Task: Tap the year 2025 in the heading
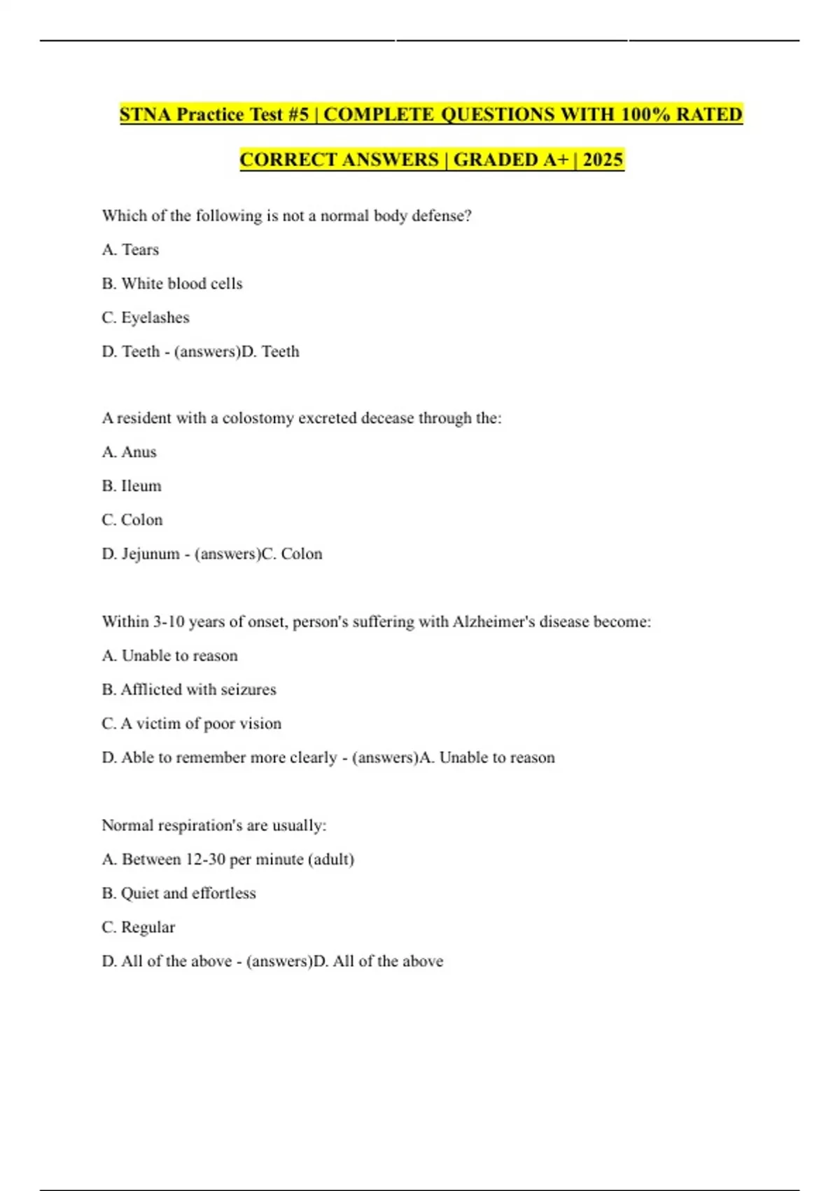603,160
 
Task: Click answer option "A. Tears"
130,250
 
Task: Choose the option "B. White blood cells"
172,284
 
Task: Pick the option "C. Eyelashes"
146,317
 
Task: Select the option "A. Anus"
129,452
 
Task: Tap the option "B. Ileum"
132,486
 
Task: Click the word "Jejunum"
150,554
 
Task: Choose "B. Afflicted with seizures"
189,690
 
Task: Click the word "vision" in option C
260,724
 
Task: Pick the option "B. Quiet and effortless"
179,893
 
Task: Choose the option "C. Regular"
139,928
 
